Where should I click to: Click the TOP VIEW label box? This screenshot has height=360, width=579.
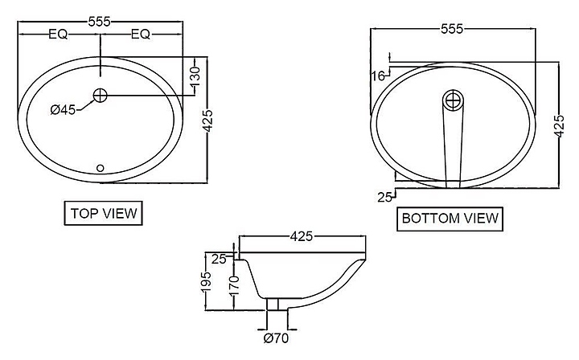pyautogui.click(x=104, y=213)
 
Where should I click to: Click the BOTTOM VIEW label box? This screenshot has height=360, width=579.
pyautogui.click(x=450, y=219)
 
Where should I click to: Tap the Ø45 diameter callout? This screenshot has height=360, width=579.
pyautogui.click(x=63, y=109)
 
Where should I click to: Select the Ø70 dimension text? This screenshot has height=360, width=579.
pyautogui.click(x=276, y=337)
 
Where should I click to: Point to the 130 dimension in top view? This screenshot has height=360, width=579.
pyautogui.click(x=195, y=76)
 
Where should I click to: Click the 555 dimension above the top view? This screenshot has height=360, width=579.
pyautogui.click(x=100, y=22)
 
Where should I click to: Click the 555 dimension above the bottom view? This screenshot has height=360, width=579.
pyautogui.click(x=452, y=29)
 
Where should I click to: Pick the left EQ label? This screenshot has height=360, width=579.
pyautogui.click(x=59, y=35)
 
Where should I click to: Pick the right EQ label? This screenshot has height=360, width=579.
pyautogui.click(x=141, y=35)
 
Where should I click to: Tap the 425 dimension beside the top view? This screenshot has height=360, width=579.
pyautogui.click(x=208, y=121)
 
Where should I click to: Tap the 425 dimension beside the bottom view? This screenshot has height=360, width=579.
pyautogui.click(x=560, y=126)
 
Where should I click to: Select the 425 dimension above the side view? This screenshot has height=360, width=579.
pyautogui.click(x=302, y=236)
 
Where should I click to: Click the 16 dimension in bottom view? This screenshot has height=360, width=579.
pyautogui.click(x=378, y=76)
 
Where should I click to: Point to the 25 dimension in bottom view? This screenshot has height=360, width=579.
pyautogui.click(x=384, y=198)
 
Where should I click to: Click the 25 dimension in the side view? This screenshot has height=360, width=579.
pyautogui.click(x=219, y=260)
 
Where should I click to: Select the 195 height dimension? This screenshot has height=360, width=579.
pyautogui.click(x=207, y=282)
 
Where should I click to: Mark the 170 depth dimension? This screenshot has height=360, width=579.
pyautogui.click(x=234, y=284)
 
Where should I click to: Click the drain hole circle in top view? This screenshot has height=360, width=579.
pyautogui.click(x=100, y=96)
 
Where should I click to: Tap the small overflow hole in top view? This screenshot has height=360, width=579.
pyautogui.click(x=100, y=168)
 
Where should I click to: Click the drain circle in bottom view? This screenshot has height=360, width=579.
pyautogui.click(x=453, y=100)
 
